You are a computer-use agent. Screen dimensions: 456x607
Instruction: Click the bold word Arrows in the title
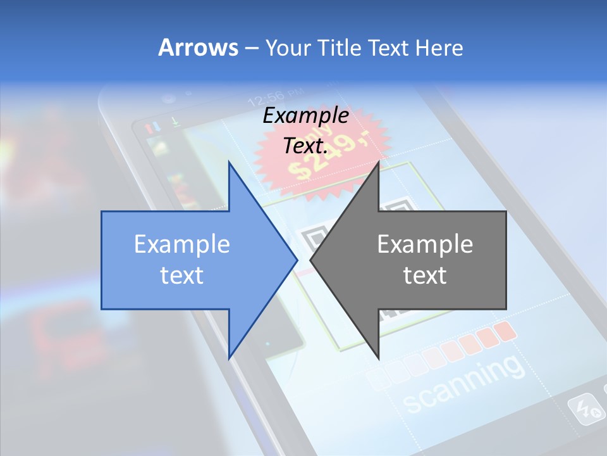click(198, 47)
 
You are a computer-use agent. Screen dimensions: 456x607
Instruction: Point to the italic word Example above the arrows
click(306, 116)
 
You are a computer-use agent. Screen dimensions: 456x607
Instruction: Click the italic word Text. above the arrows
click(306, 146)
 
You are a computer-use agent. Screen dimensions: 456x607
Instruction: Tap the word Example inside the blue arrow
click(182, 244)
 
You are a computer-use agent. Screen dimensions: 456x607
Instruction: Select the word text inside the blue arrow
click(182, 275)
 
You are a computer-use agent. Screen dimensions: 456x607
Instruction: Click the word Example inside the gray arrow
click(425, 244)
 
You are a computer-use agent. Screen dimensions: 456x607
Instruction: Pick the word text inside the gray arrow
click(425, 275)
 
